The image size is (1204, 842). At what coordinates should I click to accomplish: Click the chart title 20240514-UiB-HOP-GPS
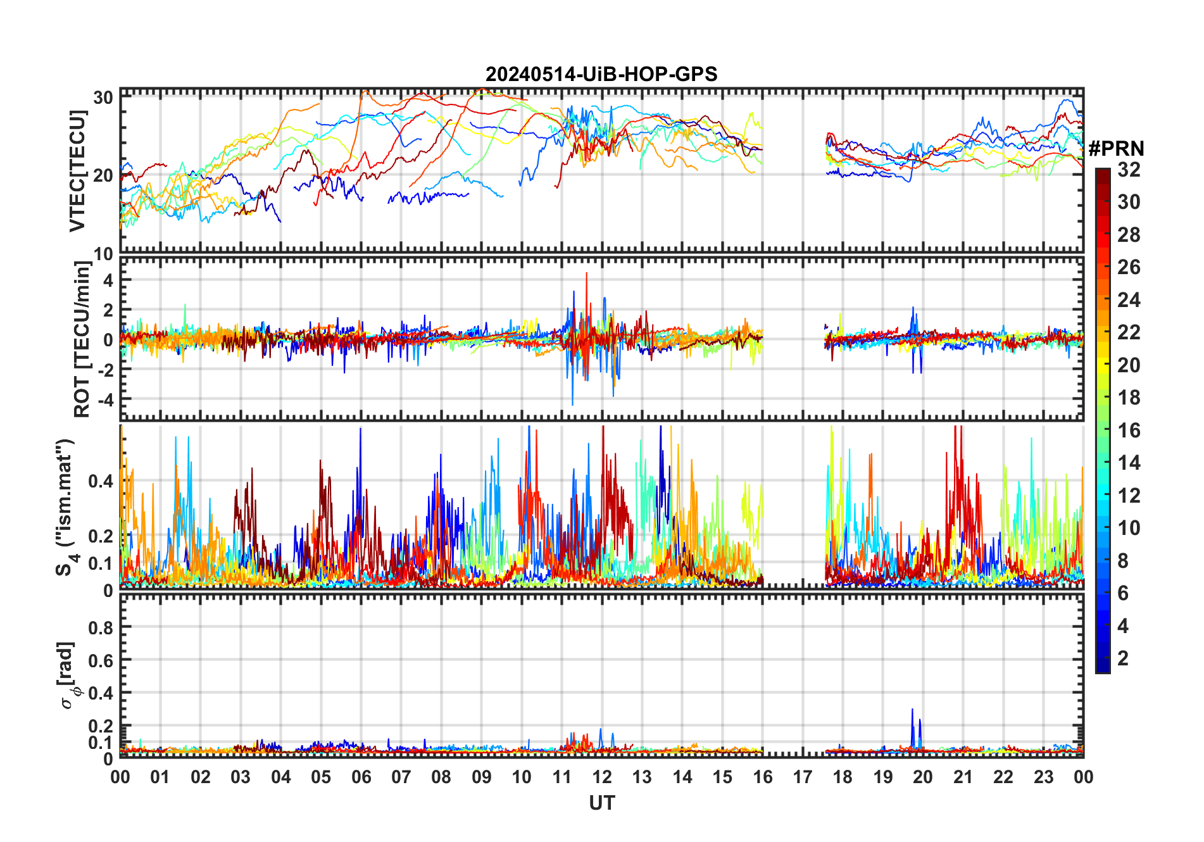601,75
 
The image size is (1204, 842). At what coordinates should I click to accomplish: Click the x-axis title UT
601,803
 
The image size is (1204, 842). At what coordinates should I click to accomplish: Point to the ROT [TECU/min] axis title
82,339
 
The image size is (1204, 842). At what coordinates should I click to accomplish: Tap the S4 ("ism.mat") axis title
65,507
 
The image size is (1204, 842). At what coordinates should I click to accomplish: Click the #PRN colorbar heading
1116,149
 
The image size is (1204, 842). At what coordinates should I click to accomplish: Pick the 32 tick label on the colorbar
1129,170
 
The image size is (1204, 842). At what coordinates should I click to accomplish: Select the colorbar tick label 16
1129,430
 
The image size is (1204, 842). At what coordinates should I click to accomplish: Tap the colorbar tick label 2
1123,658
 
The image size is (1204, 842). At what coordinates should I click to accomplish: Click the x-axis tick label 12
602,777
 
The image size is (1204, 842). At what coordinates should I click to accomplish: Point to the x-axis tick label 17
803,777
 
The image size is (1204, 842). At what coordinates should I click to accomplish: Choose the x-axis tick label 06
361,777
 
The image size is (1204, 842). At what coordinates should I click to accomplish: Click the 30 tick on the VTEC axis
103,97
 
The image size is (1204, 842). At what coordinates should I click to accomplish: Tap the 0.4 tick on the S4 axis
101,481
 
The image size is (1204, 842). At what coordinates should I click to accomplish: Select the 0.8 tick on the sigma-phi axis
101,627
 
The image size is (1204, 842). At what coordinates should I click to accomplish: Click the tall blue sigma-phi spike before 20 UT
912,710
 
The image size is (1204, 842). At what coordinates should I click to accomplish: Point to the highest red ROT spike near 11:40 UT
587,273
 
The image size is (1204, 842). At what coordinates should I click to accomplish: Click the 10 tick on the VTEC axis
103,254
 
